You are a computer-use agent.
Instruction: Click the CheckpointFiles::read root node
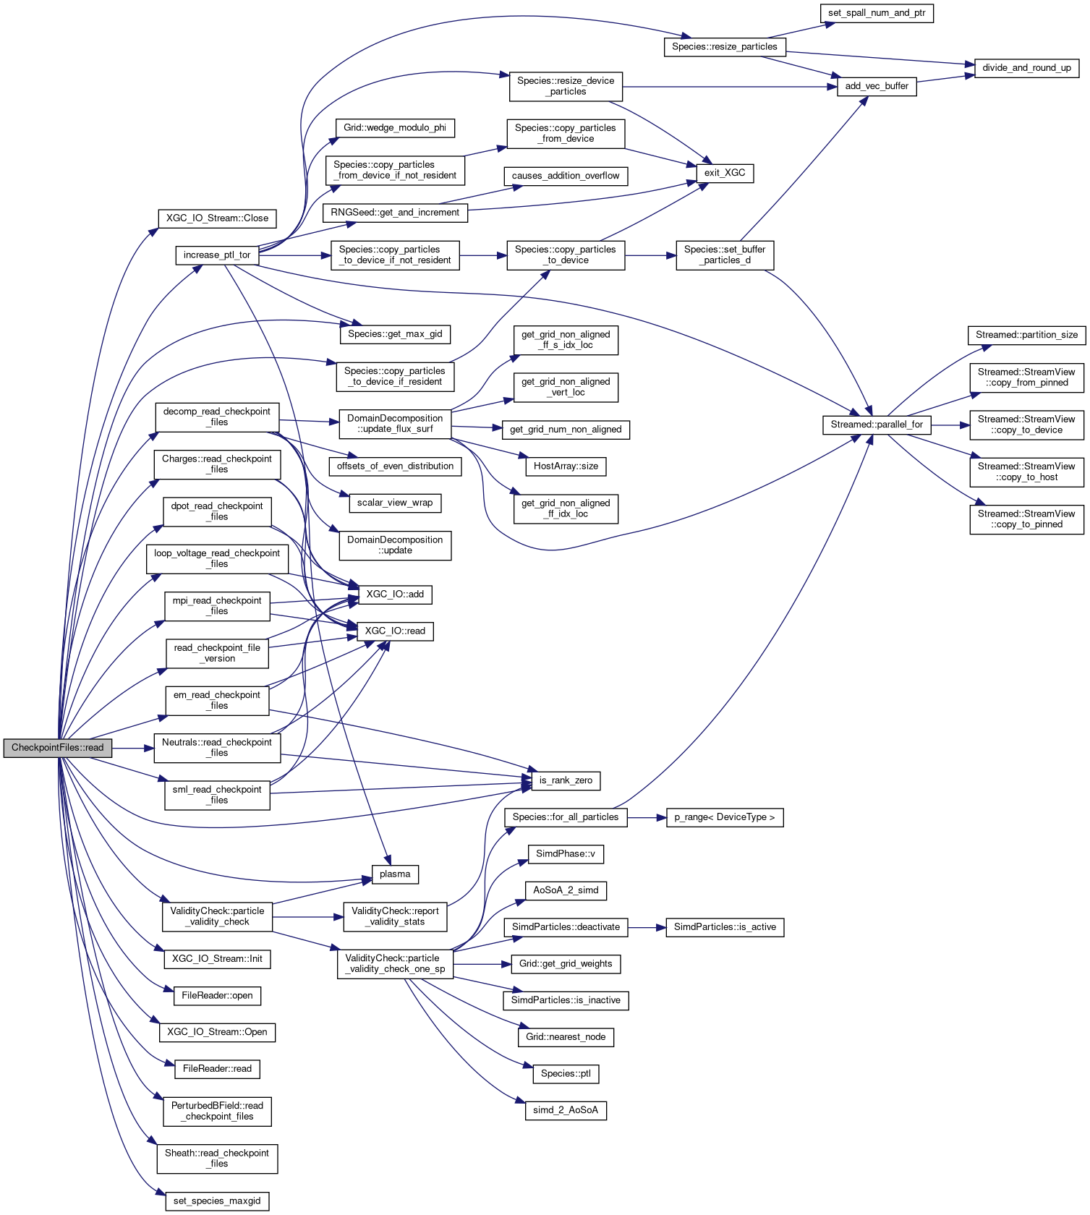[x=58, y=748]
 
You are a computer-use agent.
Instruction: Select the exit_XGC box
[x=725, y=173]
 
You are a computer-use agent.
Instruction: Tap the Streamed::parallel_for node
[x=877, y=425]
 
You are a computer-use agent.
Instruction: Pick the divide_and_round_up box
[x=1026, y=68]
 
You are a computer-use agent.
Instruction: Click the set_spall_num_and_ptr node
[x=877, y=13]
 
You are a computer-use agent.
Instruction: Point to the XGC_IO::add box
[x=395, y=594]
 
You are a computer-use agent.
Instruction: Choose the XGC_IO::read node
[x=395, y=631]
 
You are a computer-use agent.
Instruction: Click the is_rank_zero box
[x=566, y=780]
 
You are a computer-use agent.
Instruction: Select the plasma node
[x=395, y=874]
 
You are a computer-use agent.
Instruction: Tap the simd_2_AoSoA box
[x=566, y=1110]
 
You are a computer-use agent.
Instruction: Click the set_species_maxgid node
[x=217, y=1201]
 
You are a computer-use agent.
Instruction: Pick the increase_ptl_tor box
[x=217, y=255]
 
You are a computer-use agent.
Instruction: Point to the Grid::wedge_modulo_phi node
[x=395, y=128]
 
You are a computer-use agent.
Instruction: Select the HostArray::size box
[x=566, y=466]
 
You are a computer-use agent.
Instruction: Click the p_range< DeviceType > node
[x=724, y=817]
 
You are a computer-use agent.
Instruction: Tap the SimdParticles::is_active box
[x=725, y=927]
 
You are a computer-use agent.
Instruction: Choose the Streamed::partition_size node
[x=1026, y=335]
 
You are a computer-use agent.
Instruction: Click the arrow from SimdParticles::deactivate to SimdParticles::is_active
[x=647, y=927]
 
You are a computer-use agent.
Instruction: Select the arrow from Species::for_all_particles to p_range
[x=647, y=817]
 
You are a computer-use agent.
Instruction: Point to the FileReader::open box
[x=217, y=996]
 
